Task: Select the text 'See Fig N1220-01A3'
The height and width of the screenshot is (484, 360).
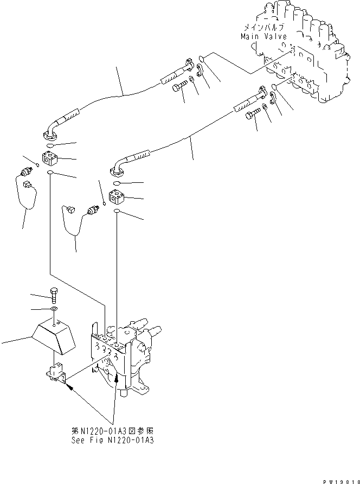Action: coord(112,440)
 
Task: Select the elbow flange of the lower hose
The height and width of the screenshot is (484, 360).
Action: coord(119,171)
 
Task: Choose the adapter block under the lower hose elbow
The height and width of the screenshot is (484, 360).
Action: coord(118,199)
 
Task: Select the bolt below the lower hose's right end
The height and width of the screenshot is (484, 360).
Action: coord(253,114)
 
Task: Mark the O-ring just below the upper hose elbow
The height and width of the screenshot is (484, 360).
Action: coord(50,145)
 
